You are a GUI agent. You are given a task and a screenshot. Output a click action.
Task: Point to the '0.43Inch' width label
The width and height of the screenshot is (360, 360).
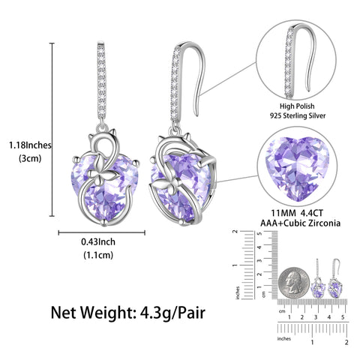[x=98, y=242]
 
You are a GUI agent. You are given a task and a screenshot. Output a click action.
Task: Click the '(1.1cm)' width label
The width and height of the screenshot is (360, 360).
[x=98, y=256]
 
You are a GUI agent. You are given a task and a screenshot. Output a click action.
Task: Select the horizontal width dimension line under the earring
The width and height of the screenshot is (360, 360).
[x=98, y=231]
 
